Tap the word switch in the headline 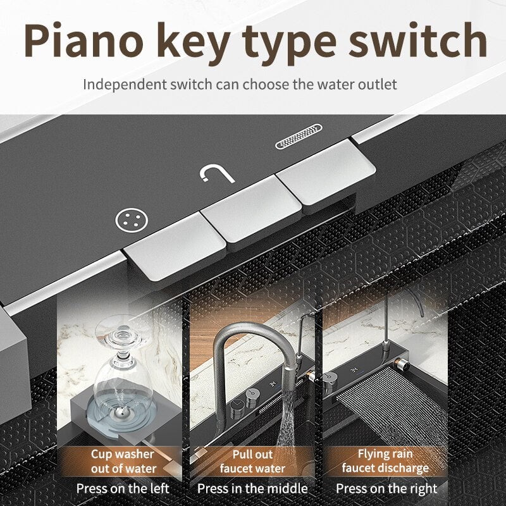coord(417,40)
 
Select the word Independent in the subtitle coord(125,85)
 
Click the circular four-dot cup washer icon coord(132,220)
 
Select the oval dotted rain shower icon coord(299,136)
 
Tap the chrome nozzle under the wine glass coord(123,412)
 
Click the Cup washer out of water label coord(123,461)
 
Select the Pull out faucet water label coord(252,461)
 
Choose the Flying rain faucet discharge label coord(385,461)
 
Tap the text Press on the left coord(123,488)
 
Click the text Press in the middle coord(252,488)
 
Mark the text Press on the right coord(386,489)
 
